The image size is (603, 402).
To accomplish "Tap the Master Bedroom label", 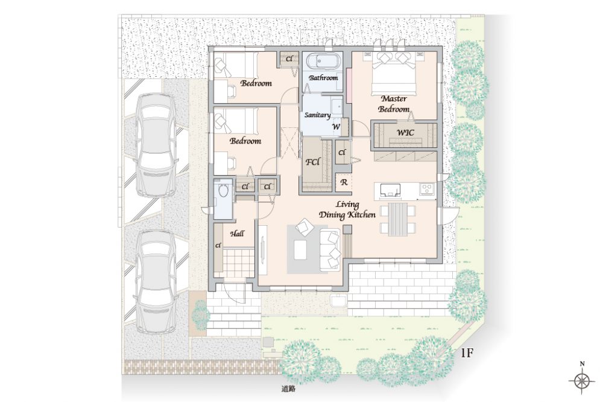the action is click(x=394, y=104).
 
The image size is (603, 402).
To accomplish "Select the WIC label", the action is click(x=405, y=133).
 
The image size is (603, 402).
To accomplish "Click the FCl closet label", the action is click(x=312, y=162).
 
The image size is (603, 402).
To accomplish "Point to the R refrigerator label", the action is click(x=344, y=182).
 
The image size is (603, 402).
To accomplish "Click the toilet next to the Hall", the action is click(x=223, y=190).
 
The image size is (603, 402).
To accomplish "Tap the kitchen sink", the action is click(x=390, y=190).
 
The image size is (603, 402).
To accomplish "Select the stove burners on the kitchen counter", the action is click(x=427, y=189).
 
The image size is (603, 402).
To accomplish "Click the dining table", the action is click(x=397, y=219).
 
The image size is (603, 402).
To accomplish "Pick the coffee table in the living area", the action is click(x=300, y=250).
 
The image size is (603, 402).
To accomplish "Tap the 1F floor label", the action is click(x=467, y=353).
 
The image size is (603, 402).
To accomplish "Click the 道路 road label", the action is click(x=288, y=389).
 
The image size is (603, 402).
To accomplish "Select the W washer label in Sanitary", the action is click(x=336, y=127).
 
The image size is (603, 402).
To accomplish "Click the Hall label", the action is click(x=237, y=234).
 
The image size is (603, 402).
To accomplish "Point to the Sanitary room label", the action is click(x=317, y=115).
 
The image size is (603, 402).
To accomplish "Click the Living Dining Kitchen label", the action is click(x=347, y=210).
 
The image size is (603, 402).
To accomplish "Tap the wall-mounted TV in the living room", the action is click(x=263, y=250).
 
